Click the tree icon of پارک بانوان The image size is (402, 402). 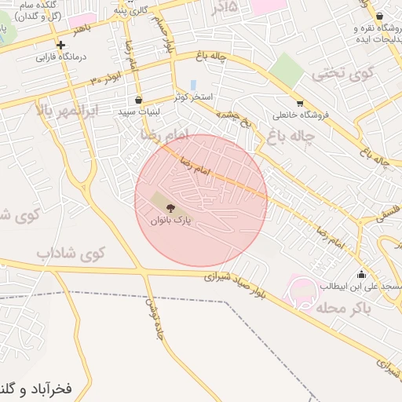[170, 208]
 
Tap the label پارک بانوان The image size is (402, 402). [170, 221]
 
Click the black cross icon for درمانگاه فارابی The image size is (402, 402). [60, 45]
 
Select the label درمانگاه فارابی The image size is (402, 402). [60, 57]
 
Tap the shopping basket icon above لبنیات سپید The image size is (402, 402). [139, 100]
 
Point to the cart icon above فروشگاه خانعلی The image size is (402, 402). [299, 103]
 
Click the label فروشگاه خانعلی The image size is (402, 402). [300, 115]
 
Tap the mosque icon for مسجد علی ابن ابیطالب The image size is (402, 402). [361, 274]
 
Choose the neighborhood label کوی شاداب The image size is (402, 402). [70, 254]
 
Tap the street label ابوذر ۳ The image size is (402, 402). [105, 79]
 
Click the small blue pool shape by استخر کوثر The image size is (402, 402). [193, 84]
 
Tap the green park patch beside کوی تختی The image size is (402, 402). [288, 71]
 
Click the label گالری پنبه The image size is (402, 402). [131, 9]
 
